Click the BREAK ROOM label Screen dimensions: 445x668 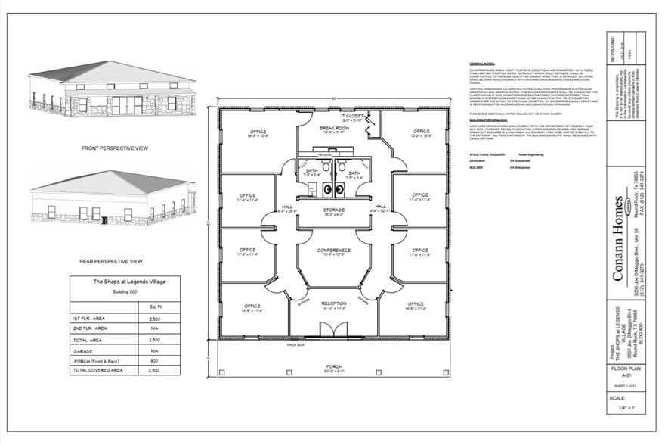point(333,128)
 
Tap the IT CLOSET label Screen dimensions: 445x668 point(353,115)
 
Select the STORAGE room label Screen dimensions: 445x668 point(333,210)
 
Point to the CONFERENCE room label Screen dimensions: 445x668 point(333,250)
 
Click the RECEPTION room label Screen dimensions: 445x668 point(333,303)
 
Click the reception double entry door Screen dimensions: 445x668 point(333,330)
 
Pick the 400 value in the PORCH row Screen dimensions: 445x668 point(154,360)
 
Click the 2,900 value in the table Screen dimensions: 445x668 point(154,371)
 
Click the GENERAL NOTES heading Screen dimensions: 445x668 point(482,64)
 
